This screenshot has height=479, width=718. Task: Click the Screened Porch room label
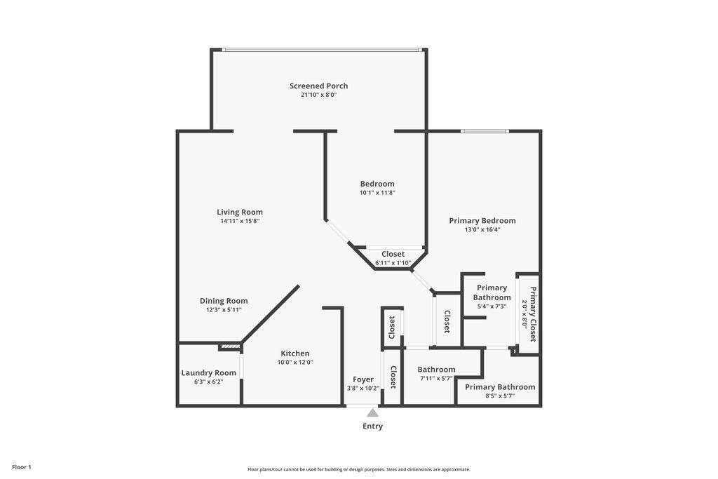pos(318,86)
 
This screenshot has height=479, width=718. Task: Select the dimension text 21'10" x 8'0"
pos(318,95)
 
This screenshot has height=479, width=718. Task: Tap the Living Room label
pos(240,212)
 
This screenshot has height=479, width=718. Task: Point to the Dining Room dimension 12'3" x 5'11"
pos(224,310)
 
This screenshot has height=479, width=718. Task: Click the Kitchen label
pos(295,353)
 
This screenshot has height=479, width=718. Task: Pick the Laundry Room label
pos(208,372)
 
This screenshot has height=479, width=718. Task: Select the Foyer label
pos(363,379)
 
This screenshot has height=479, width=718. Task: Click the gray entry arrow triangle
pos(372,413)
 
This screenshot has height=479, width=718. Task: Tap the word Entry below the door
pos(372,426)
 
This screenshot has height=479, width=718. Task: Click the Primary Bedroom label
pos(482,220)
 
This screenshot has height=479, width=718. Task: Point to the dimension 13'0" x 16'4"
pos(482,229)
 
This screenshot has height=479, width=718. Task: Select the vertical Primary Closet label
pos(533,314)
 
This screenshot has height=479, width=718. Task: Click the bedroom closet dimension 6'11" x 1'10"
pos(393,263)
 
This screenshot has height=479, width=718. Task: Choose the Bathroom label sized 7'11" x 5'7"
pos(436,370)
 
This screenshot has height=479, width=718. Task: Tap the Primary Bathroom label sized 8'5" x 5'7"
pos(500,386)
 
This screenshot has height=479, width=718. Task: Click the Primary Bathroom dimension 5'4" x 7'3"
pos(492,306)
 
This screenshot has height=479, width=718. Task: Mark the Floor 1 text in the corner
pos(22,467)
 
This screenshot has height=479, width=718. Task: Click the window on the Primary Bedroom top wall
pos(485,131)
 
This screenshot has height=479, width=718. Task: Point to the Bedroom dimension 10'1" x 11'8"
pos(377,193)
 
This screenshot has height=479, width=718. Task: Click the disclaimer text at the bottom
pos(358,469)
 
